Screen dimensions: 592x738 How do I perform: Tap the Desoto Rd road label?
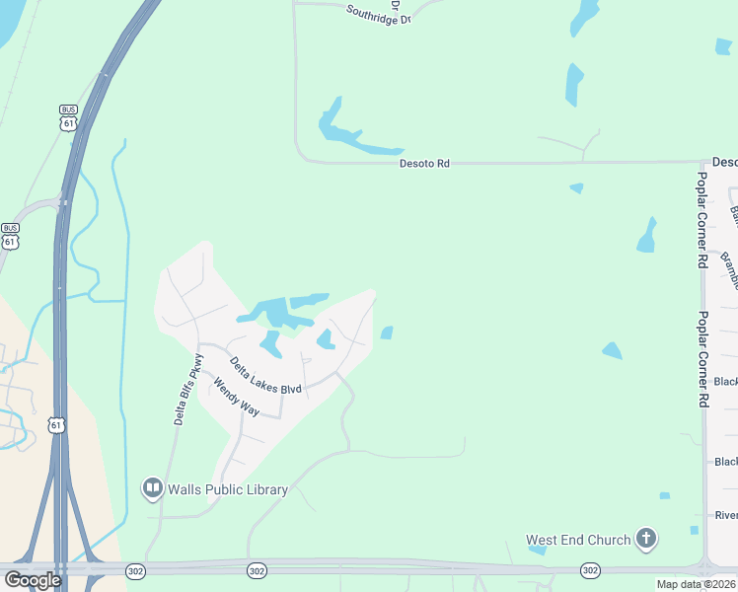(x=424, y=163)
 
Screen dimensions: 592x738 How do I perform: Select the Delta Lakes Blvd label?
(x=263, y=375)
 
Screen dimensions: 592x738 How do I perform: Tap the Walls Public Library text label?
(x=228, y=489)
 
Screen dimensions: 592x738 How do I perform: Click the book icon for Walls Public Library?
(x=152, y=487)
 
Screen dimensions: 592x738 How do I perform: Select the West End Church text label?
(x=578, y=540)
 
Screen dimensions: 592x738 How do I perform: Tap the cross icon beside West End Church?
(x=646, y=539)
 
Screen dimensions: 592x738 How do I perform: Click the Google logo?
(x=33, y=580)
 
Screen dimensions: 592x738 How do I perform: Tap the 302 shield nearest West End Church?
(x=590, y=570)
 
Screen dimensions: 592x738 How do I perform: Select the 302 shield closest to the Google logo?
(x=135, y=570)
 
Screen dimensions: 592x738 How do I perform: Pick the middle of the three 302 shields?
(x=257, y=570)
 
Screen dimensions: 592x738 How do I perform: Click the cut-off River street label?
(x=726, y=515)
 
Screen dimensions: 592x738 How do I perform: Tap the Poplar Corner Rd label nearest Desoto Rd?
(x=702, y=220)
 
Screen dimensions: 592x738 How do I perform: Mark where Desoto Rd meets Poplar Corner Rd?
(x=701, y=163)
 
